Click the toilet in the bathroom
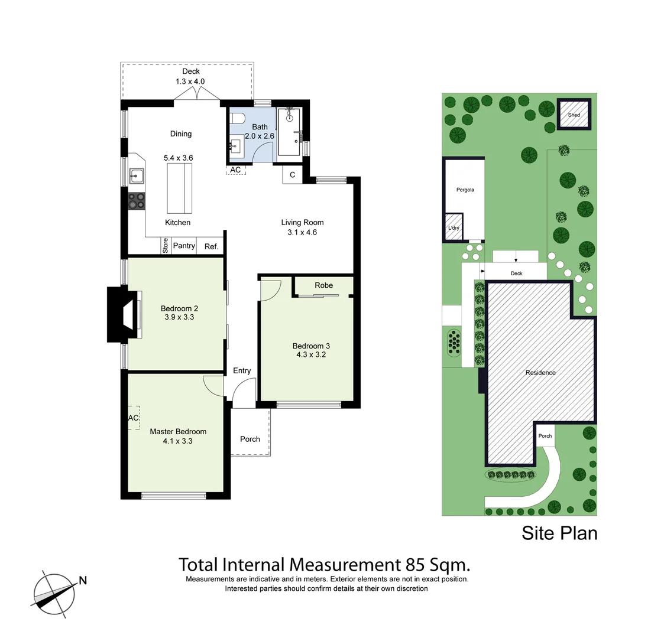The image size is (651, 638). pos(237,119)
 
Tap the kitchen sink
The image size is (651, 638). pos(137,174)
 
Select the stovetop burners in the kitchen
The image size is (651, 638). pos(137,201)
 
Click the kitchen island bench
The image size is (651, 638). pos(180,188)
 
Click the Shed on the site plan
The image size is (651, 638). pos(574,115)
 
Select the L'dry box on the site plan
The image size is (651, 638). pos(454,229)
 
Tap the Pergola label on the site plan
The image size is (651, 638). pos(465,190)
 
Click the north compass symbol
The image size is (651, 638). pos(54,593)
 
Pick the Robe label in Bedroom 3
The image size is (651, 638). pos(323,285)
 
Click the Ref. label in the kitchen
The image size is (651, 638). pos(211,246)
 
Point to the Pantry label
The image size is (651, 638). pos(184,246)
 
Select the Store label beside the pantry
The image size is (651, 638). pos(166,246)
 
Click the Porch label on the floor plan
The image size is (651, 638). pos(250,439)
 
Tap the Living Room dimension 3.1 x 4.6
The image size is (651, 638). pos(302,233)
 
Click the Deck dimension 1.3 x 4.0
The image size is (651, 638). pos(190,82)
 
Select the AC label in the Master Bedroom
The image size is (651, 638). pos(134,418)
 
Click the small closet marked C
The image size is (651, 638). pos(292,174)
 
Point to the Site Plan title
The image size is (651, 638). pos(559,533)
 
